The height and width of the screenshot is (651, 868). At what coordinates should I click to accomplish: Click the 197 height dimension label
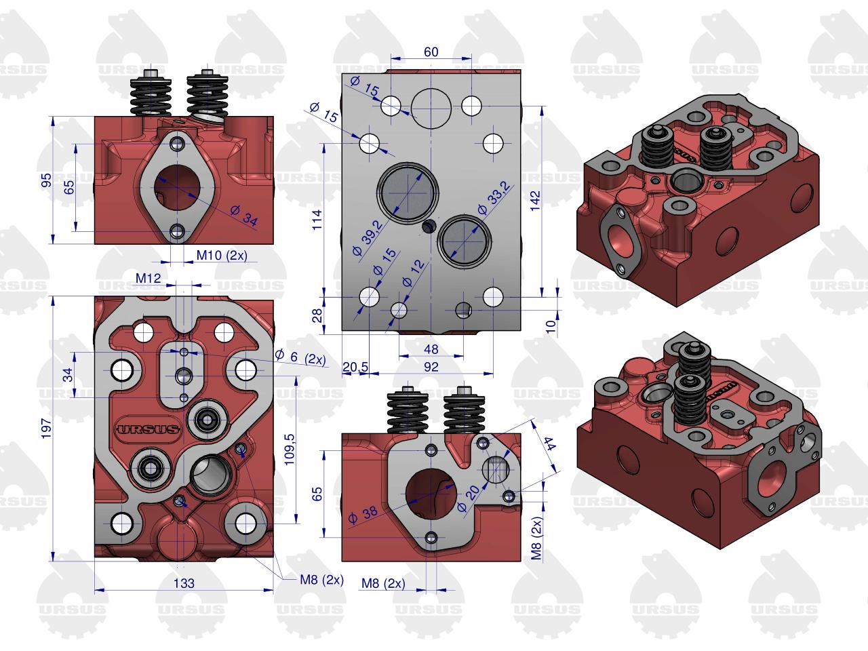pyautogui.click(x=46, y=428)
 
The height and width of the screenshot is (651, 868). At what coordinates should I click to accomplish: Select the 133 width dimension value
pyautogui.click(x=184, y=583)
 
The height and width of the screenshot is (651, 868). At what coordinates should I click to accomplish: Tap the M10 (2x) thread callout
pyautogui.click(x=222, y=256)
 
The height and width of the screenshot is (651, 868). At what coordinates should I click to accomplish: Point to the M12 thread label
pyautogui.click(x=149, y=278)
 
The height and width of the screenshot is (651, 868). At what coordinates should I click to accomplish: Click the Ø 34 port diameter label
pyautogui.click(x=244, y=216)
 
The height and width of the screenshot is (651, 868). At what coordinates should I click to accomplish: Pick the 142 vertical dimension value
pyautogui.click(x=534, y=201)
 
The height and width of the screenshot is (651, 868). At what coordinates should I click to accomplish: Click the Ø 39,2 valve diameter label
pyautogui.click(x=368, y=238)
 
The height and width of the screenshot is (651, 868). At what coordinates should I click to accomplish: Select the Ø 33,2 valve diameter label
pyautogui.click(x=493, y=198)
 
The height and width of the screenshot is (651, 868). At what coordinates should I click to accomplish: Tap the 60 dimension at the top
pyautogui.click(x=431, y=52)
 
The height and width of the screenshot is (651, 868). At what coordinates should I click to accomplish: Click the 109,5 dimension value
pyautogui.click(x=289, y=449)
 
